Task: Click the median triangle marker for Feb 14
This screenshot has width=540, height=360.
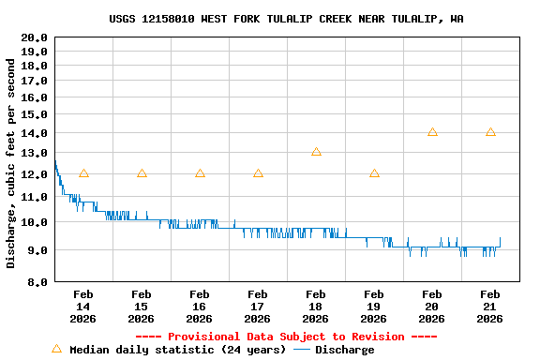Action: (x=83, y=173)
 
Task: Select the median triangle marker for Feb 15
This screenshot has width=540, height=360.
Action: (x=142, y=173)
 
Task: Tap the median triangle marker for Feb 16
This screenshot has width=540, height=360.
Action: (x=200, y=173)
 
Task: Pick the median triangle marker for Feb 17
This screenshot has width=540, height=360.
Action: (x=258, y=173)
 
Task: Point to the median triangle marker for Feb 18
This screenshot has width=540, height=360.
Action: (x=316, y=152)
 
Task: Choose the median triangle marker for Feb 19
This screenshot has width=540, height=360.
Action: (x=374, y=173)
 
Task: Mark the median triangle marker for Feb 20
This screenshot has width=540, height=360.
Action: (x=432, y=132)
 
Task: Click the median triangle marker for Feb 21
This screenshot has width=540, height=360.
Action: (x=490, y=132)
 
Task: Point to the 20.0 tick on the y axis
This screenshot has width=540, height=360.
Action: (x=35, y=37)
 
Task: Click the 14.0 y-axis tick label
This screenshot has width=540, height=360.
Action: (x=35, y=133)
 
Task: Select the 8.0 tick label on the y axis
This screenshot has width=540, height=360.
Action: (x=37, y=281)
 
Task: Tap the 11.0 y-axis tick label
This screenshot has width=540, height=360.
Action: (x=35, y=198)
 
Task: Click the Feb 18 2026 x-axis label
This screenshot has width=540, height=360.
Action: (x=316, y=307)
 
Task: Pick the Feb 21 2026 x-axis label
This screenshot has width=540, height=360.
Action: (x=490, y=307)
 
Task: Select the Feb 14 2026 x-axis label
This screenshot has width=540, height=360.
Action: (x=83, y=307)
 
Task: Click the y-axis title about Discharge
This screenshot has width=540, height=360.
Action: (x=11, y=163)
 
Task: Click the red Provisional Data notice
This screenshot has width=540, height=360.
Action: (x=286, y=337)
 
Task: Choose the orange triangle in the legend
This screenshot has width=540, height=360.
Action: (x=56, y=350)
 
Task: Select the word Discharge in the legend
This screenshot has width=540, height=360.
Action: (x=344, y=350)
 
